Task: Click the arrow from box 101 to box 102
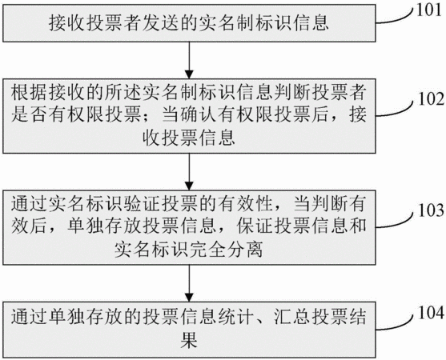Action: (x=189, y=60)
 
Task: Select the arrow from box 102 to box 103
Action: (x=189, y=172)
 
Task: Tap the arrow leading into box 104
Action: (x=189, y=283)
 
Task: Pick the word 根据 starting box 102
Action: (x=29, y=94)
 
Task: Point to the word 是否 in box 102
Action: (x=29, y=115)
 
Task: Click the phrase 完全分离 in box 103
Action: (x=226, y=249)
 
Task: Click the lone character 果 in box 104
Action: (x=189, y=339)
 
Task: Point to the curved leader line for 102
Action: (x=396, y=109)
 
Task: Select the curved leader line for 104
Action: (x=396, y=322)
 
